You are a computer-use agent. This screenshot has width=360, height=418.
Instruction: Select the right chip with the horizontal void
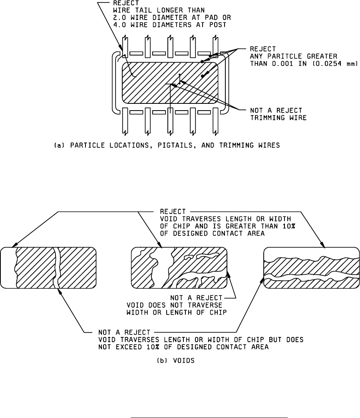tap(311, 267)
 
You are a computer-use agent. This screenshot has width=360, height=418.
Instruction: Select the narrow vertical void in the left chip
tap(58, 267)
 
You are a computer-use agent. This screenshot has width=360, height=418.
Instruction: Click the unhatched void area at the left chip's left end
tap(8, 267)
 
